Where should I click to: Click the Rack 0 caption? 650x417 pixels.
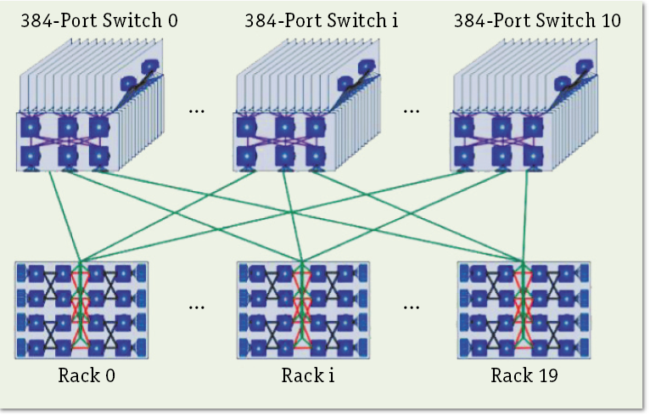point(82,375)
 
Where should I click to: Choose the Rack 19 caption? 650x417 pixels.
point(524,375)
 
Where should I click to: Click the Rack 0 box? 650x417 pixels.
point(81,310)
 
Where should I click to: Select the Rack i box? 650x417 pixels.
point(303,310)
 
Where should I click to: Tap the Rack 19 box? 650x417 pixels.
point(524,310)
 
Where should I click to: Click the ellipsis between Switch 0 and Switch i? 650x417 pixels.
point(197,111)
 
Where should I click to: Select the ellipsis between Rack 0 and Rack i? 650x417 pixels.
point(197,307)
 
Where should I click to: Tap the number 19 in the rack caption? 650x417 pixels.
point(548,375)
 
